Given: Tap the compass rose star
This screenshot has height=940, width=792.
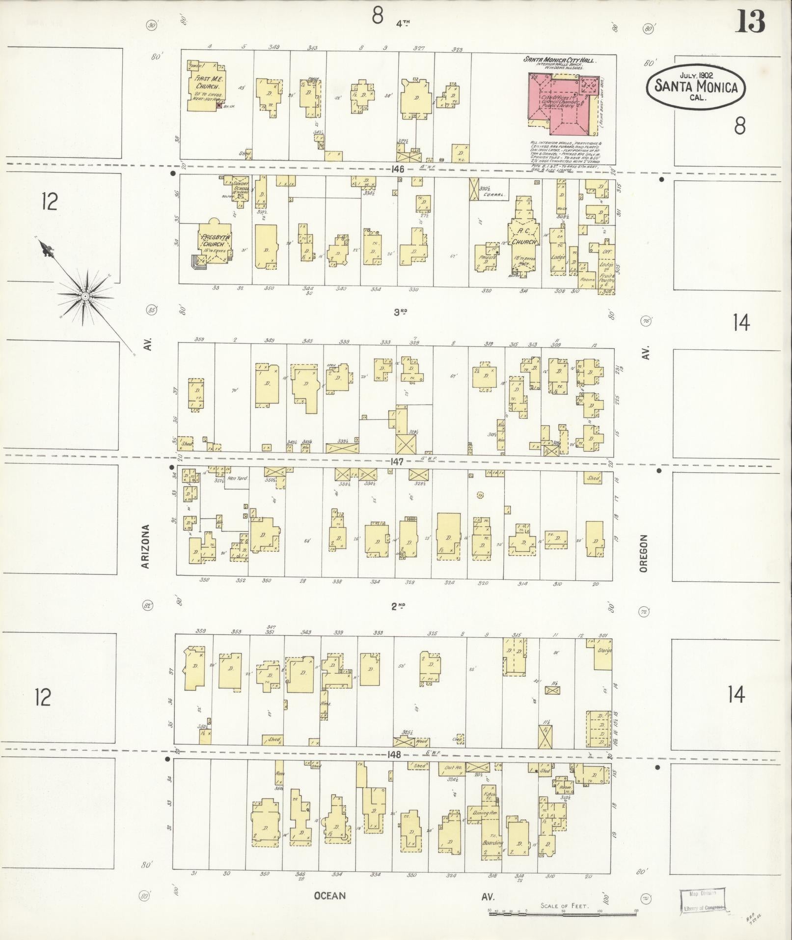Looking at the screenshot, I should pyautogui.click(x=85, y=296).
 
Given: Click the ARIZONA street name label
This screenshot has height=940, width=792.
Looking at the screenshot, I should pyautogui.click(x=145, y=546).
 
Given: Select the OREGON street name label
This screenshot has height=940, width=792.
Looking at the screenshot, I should pyautogui.click(x=644, y=553).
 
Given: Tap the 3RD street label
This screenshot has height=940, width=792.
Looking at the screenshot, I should pyautogui.click(x=401, y=312).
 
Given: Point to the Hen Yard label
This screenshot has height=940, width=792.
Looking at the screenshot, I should pyautogui.click(x=238, y=478).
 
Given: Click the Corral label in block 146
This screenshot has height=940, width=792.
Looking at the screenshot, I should pyautogui.click(x=494, y=195).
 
